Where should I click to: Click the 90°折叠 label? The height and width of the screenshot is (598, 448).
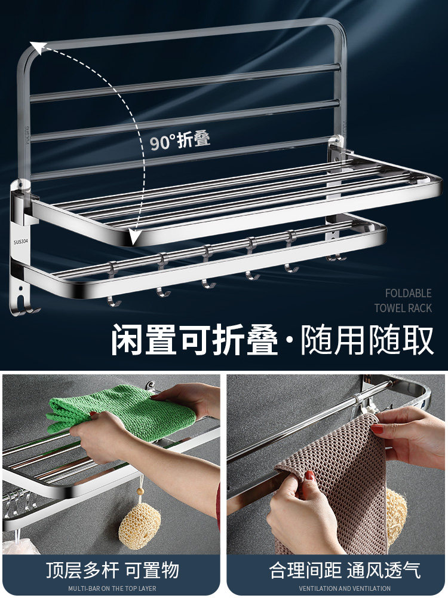180,141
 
